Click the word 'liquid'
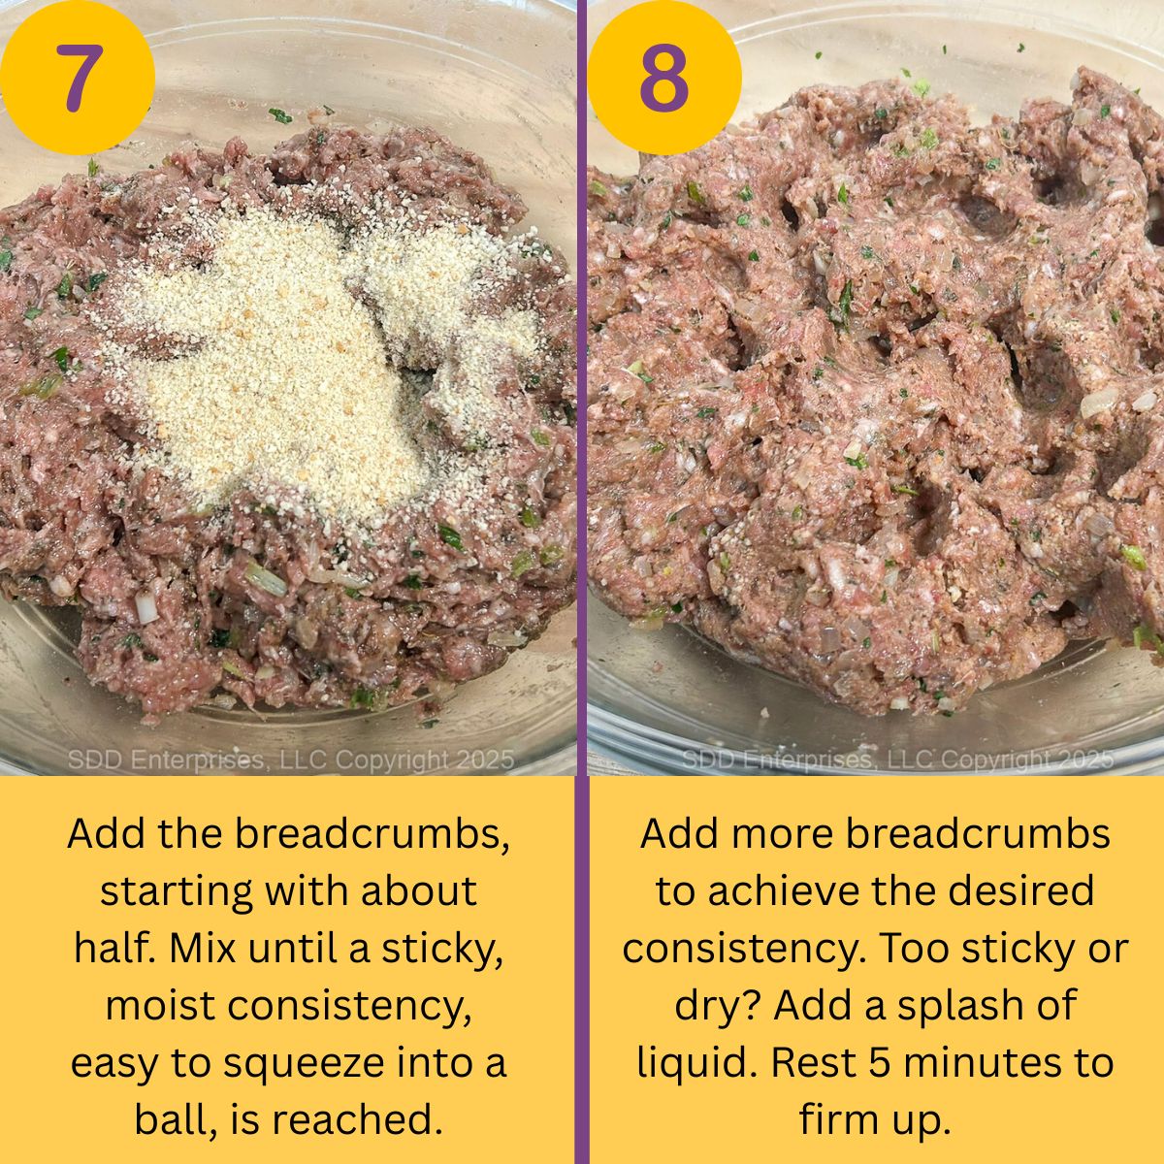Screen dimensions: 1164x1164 [696, 1063]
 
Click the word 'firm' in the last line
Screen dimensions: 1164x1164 [841, 1120]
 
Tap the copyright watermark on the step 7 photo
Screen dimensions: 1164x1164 [290, 760]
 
